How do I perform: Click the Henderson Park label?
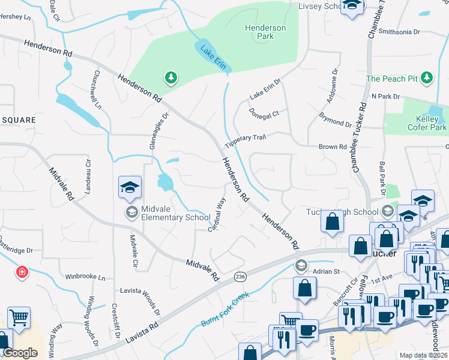(x=265, y=32)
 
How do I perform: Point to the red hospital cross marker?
(x=22, y=272)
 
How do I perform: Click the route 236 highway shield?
(x=241, y=275)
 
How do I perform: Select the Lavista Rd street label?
(x=142, y=332)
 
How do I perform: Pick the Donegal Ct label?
(x=265, y=113)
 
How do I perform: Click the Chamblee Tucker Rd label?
(x=361, y=139)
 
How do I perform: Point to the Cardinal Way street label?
(x=216, y=215)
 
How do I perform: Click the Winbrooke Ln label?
(x=85, y=278)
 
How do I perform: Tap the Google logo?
(x=20, y=353)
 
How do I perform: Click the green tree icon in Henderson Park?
(x=171, y=77)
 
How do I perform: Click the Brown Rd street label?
(x=333, y=146)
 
